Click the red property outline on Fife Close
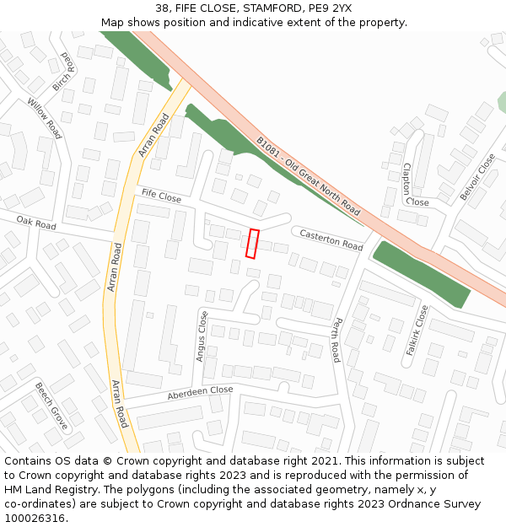[x=252, y=243]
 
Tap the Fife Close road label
[x=161, y=196]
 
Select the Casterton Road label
[x=331, y=239]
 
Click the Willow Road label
[x=44, y=118]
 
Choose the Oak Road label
[x=36, y=223]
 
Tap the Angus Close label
[x=202, y=336]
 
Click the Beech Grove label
[x=51, y=406]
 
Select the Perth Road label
[x=336, y=339]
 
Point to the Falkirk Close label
[x=417, y=330]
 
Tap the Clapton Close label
[x=412, y=185]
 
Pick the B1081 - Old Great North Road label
[x=309, y=177]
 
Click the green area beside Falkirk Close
[x=421, y=274]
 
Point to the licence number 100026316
[x=33, y=519]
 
